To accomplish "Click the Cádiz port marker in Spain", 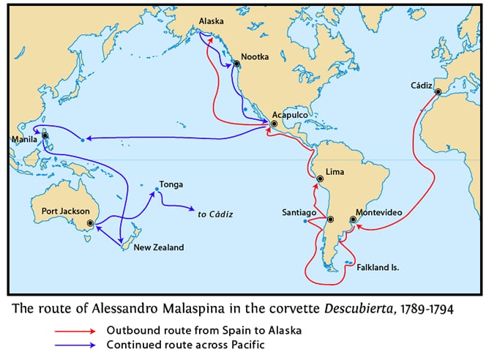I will (438, 92).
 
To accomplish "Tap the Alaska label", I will (212, 22).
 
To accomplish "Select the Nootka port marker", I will (236, 64).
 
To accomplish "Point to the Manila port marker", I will (45, 135).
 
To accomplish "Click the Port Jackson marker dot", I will (90, 223).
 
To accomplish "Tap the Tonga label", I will (171, 184).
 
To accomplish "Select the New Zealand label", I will (158, 248).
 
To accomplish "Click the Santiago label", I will (299, 212).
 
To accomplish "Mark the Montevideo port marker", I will (354, 219).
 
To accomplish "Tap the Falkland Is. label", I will (377, 269).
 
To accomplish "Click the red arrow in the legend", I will (76, 330).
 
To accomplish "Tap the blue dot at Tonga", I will (156, 192).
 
